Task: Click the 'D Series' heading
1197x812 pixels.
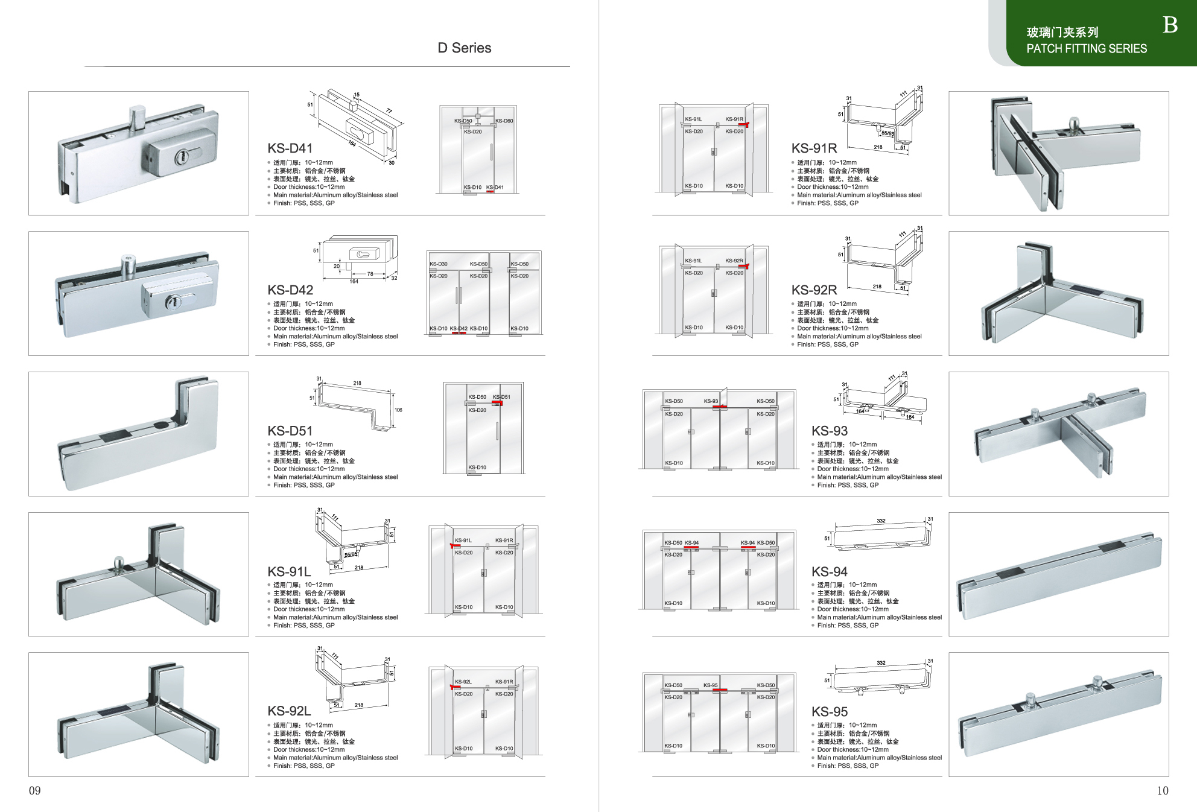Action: (x=464, y=48)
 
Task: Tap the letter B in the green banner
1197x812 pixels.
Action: (x=1170, y=25)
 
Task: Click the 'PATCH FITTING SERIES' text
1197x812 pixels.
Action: (x=1087, y=49)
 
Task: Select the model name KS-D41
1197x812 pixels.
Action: (x=290, y=148)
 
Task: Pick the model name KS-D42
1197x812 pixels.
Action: (x=290, y=290)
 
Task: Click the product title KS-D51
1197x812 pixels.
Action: (x=290, y=431)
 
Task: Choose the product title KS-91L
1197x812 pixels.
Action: (x=289, y=571)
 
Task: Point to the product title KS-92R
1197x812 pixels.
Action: (x=814, y=290)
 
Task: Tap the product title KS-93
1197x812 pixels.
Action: (x=830, y=431)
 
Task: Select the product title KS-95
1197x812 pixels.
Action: (x=830, y=712)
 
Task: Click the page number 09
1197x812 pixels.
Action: (x=35, y=790)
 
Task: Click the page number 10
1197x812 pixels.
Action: (x=1163, y=790)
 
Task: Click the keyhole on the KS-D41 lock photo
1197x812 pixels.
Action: (x=180, y=158)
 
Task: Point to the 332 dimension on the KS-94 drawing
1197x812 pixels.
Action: (x=881, y=521)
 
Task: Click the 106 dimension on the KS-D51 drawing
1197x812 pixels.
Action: (x=398, y=410)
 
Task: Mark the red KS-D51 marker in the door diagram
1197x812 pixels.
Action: (x=497, y=402)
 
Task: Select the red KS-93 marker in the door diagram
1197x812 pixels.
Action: (x=719, y=407)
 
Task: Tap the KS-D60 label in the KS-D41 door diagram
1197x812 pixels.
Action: (x=504, y=121)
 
